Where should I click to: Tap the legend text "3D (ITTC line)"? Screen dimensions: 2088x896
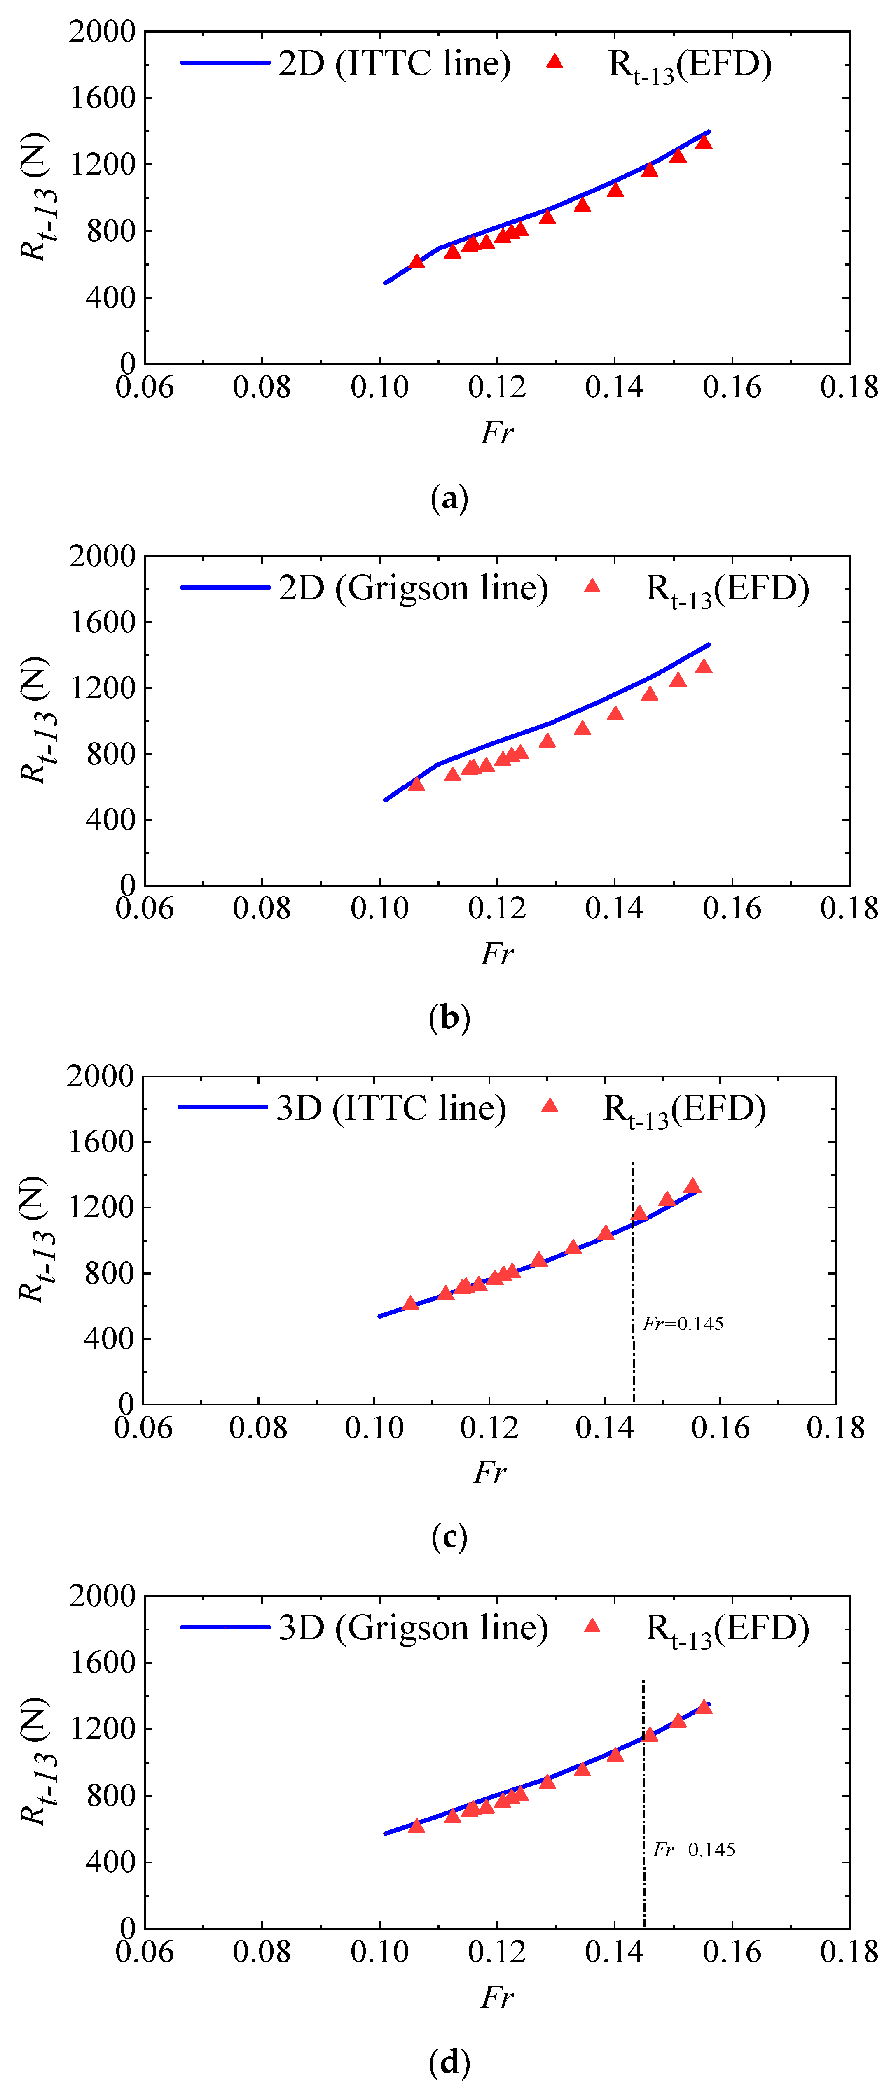(x=391, y=1108)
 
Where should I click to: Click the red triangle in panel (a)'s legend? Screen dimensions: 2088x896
(x=554, y=61)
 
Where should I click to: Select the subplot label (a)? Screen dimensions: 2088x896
(x=449, y=498)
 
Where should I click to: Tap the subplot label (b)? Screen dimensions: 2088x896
(x=449, y=1018)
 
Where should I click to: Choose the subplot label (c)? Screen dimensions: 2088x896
(x=449, y=1537)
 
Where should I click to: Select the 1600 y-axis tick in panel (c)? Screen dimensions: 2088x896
(x=101, y=1141)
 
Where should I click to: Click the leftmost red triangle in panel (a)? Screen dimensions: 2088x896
(x=417, y=261)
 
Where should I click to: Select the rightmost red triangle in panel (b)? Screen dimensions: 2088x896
(x=704, y=666)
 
